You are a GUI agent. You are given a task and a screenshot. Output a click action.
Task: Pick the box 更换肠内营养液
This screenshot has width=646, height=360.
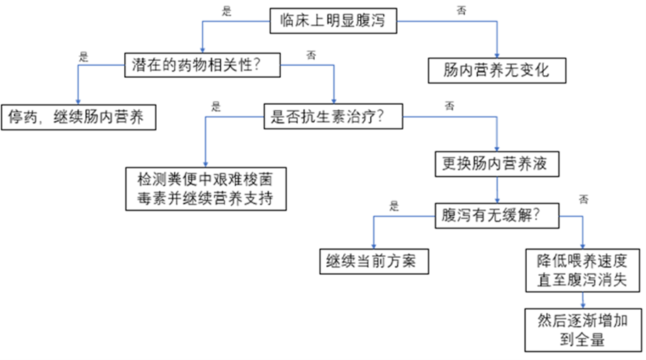point(496,165)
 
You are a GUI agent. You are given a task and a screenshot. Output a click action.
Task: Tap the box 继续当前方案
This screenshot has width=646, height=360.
point(373,261)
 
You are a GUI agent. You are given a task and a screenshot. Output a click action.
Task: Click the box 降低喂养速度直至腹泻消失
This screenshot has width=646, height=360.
point(582,269)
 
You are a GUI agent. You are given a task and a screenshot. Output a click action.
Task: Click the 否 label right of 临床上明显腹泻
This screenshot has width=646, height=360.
point(462,11)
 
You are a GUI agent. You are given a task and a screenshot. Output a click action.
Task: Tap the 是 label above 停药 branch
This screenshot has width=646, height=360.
point(83,57)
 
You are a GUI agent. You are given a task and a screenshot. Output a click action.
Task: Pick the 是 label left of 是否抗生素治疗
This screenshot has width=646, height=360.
point(216,107)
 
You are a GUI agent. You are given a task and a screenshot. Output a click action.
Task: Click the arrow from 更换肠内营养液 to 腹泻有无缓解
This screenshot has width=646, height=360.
point(496,189)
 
